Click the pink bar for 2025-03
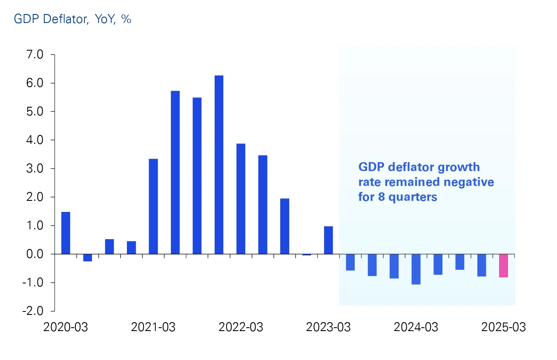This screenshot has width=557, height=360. point(503,266)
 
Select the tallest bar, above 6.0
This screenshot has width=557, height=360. point(219,165)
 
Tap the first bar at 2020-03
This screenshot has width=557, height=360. point(66,233)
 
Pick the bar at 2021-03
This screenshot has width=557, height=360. point(153,206)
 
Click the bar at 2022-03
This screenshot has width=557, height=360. point(241,199)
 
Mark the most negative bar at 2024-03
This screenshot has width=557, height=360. point(416,269)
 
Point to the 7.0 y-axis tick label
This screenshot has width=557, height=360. point(35,55)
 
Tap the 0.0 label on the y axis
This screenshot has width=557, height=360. point(35,254)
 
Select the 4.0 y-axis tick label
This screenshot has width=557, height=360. point(35,140)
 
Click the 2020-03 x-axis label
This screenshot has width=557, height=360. point(66,327)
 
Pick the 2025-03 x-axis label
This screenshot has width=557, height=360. point(503,327)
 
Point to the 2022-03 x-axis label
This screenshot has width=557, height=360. point(241,327)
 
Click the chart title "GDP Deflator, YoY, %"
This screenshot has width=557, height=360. point(72,19)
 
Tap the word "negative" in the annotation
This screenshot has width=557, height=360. point(469,182)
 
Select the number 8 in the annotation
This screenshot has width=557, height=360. point(379,197)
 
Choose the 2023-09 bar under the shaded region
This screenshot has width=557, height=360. point(372,265)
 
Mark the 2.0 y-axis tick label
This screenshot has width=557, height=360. point(35,197)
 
